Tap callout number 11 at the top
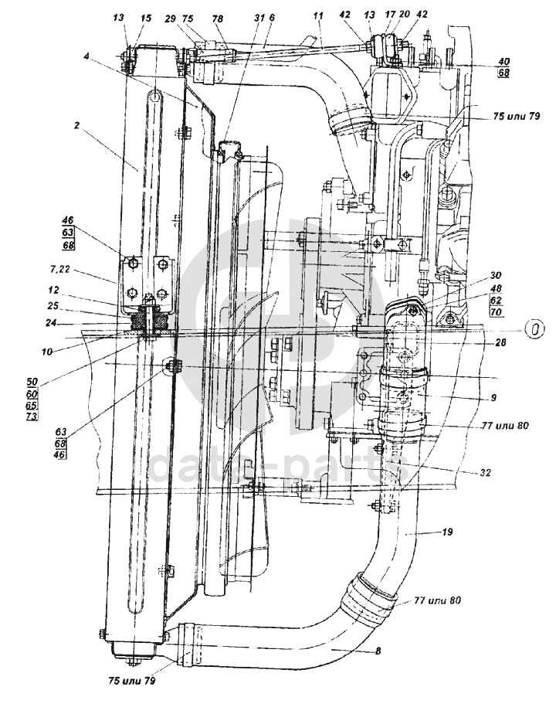click(318, 15)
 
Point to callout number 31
click(258, 17)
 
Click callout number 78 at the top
click(218, 17)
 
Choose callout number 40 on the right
click(503, 63)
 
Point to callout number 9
click(495, 398)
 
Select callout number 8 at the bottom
click(378, 651)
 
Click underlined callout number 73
click(53, 416)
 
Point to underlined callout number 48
click(493, 288)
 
